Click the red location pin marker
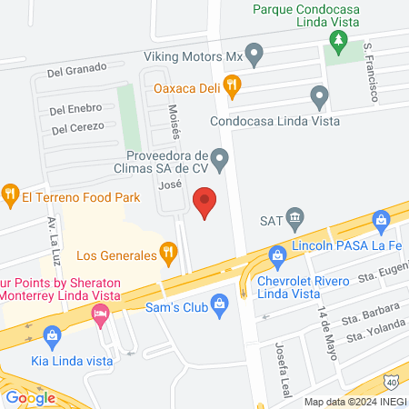point(206,202)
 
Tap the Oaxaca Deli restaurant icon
point(232,87)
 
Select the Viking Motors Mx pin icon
point(254,56)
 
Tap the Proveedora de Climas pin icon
point(218,156)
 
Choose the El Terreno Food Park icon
point(10,193)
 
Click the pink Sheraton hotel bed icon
point(100,314)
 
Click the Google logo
point(30,397)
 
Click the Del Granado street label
point(77,68)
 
